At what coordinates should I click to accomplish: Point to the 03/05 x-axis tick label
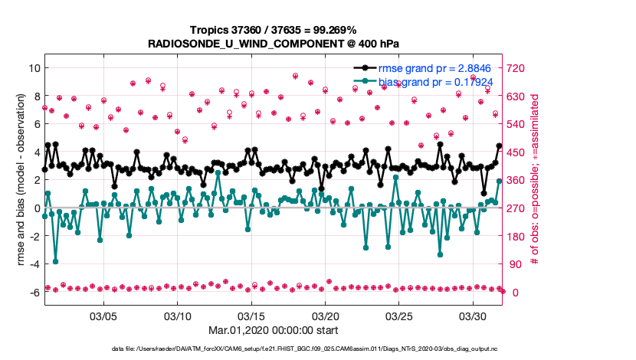pyautogui.click(x=103, y=316)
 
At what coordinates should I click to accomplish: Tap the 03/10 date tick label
pyautogui.click(x=178, y=316)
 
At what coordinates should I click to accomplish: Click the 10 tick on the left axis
pyautogui.click(x=34, y=68)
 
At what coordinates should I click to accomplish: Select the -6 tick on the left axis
pyautogui.click(x=34, y=293)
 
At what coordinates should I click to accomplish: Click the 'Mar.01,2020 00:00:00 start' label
pyautogui.click(x=273, y=331)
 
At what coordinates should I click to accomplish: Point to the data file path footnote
pyautogui.click(x=273, y=349)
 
